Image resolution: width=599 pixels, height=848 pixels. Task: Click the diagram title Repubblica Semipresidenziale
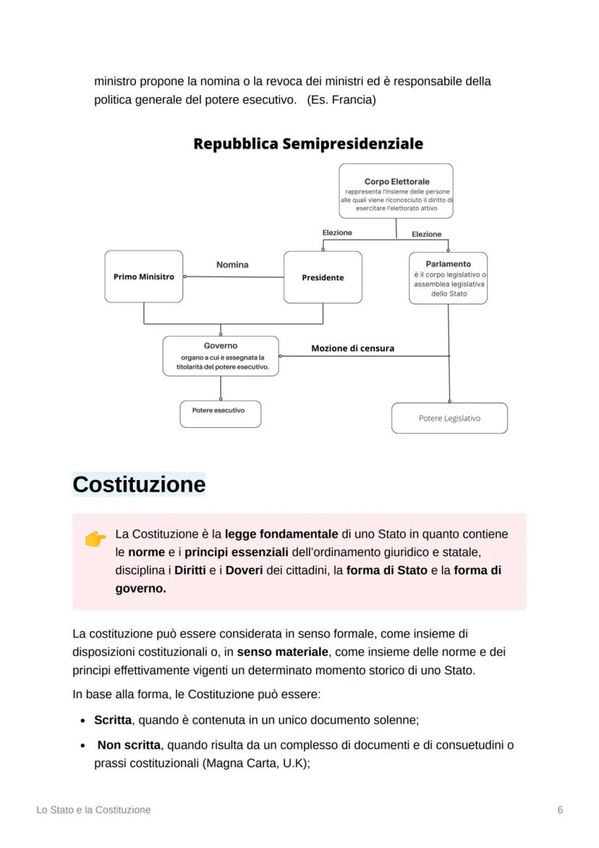point(308,144)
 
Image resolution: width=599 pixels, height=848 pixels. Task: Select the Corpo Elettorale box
point(396,191)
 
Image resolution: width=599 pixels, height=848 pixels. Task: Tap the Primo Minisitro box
point(144,277)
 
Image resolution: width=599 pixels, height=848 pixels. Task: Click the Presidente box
point(323,277)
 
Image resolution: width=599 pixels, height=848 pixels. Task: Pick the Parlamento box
point(448,278)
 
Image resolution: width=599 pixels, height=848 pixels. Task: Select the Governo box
point(221,356)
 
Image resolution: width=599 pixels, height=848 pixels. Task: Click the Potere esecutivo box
point(220,413)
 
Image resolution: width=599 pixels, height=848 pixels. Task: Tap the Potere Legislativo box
point(449,419)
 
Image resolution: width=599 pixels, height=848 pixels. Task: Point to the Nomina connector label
point(232,265)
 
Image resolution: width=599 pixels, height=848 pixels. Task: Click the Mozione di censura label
point(352,348)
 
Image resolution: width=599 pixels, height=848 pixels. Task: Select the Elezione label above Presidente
point(337,233)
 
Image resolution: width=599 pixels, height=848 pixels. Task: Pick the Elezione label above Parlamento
point(426,234)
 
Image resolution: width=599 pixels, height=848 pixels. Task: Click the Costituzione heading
point(139,484)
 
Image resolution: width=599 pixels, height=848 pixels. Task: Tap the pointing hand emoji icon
point(95,538)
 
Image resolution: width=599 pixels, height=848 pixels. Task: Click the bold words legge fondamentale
point(281,534)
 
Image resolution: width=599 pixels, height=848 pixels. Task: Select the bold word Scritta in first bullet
point(113,721)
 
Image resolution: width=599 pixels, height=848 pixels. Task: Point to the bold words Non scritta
point(129,745)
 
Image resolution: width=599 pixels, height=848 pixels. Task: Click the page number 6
point(560,810)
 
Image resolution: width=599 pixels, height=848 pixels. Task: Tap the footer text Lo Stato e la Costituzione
point(94,810)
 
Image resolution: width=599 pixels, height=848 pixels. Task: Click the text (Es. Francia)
point(341,100)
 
